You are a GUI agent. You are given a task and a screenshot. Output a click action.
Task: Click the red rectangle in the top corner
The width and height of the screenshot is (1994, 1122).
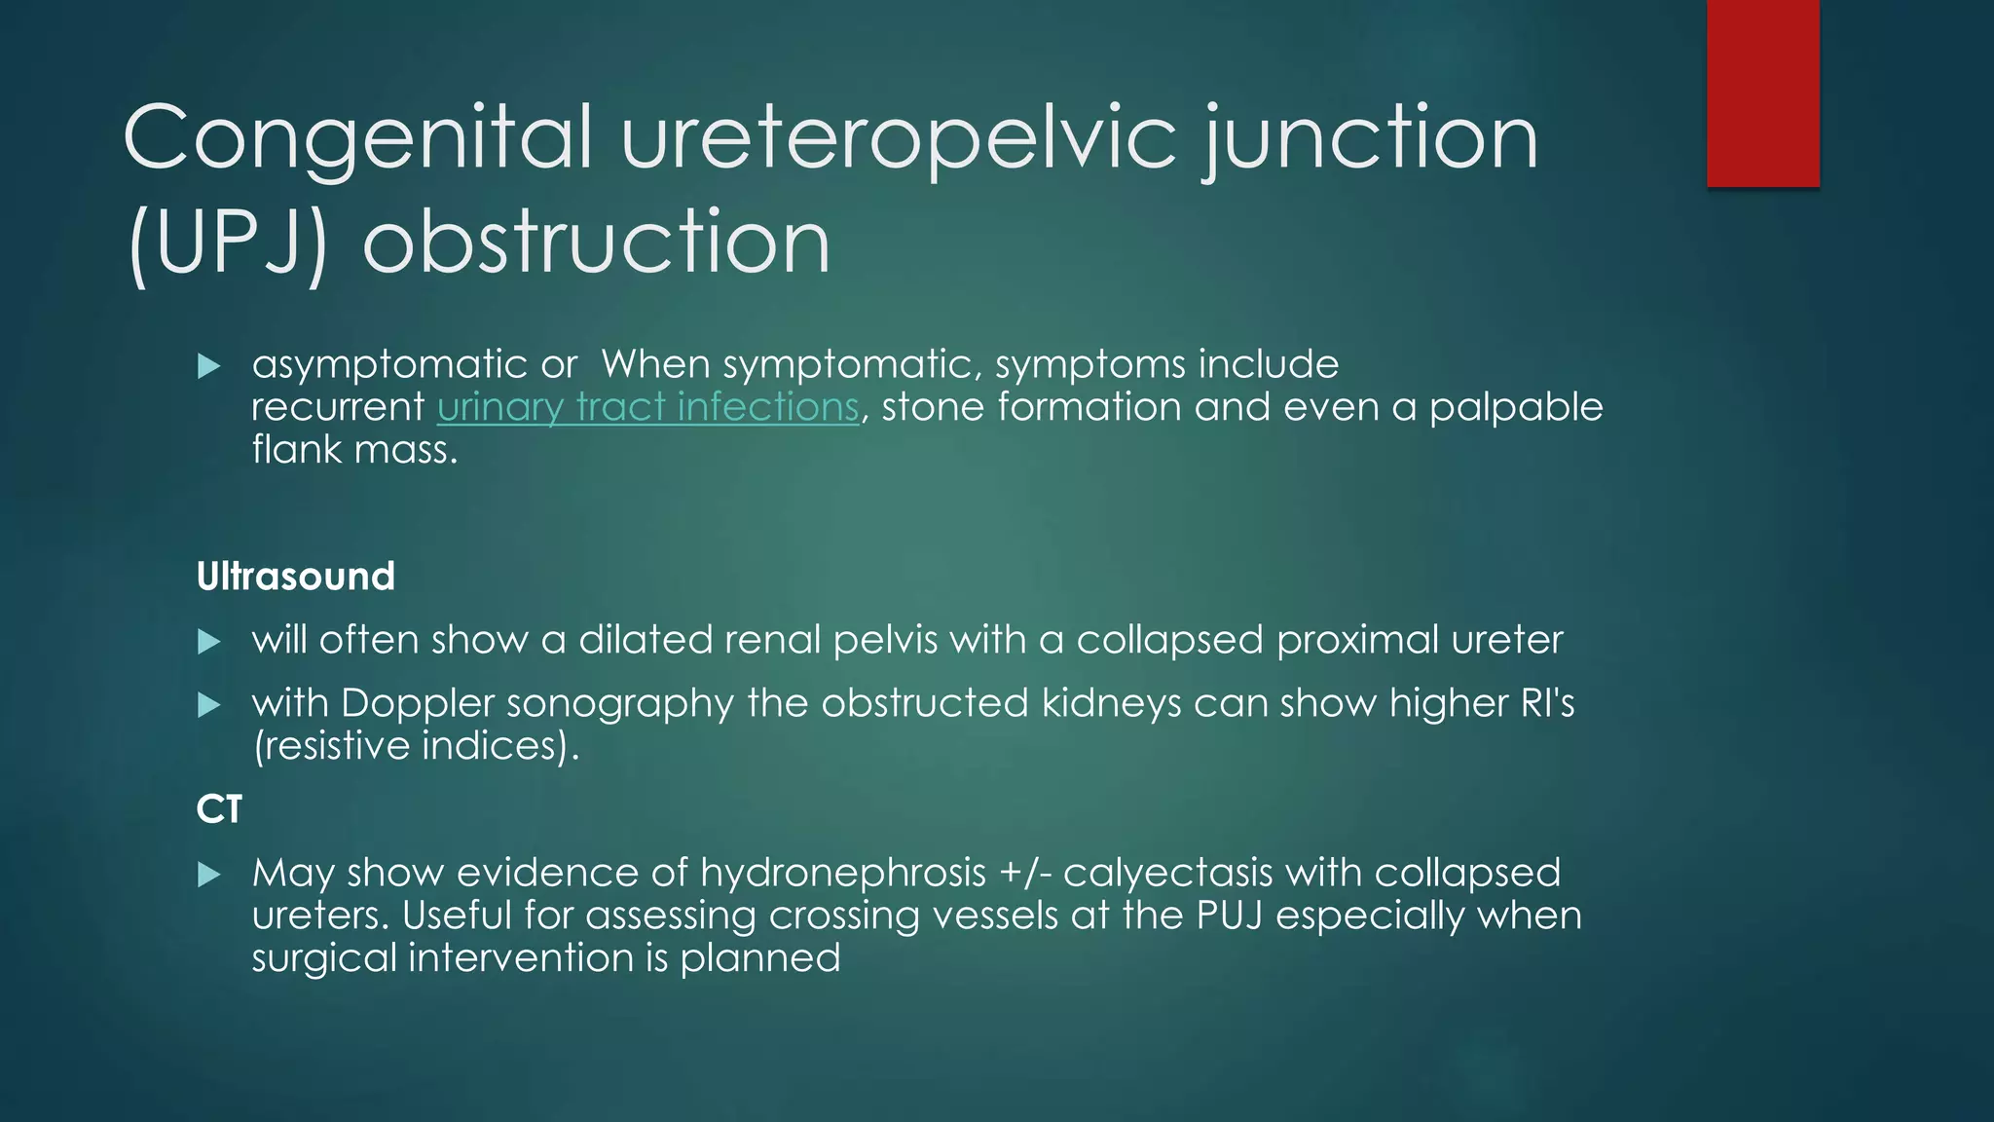pyautogui.click(x=1762, y=93)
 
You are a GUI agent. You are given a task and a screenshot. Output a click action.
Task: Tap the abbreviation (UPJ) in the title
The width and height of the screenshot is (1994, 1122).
pyautogui.click(x=227, y=243)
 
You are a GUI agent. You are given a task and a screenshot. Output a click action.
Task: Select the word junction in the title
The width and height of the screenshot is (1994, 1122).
pyautogui.click(x=1371, y=139)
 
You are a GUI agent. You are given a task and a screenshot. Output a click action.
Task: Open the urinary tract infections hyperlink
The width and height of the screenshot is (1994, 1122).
pyautogui.click(x=648, y=407)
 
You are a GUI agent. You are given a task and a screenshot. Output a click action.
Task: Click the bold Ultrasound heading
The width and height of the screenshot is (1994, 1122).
pyautogui.click(x=296, y=577)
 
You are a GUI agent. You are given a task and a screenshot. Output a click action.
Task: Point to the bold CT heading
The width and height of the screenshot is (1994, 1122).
pyautogui.click(x=219, y=809)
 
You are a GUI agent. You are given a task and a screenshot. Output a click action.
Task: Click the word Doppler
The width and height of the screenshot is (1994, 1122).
pyautogui.click(x=418, y=703)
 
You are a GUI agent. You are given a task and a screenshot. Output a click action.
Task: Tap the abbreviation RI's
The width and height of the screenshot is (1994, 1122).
pyautogui.click(x=1547, y=703)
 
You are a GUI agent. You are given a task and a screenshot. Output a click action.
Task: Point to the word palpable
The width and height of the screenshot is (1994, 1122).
pyautogui.click(x=1516, y=407)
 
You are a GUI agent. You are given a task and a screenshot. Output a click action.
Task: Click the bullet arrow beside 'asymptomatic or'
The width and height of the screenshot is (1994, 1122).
pyautogui.click(x=209, y=366)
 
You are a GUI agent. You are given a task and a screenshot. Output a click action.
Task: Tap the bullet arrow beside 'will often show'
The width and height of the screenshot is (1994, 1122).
pyautogui.click(x=209, y=641)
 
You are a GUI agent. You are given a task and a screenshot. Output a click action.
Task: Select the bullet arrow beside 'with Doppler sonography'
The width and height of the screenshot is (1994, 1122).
pyautogui.click(x=209, y=704)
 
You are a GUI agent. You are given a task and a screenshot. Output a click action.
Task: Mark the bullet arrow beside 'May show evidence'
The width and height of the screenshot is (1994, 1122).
pyautogui.click(x=209, y=874)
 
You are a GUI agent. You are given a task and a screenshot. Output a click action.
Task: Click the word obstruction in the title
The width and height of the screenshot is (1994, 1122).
pyautogui.click(x=596, y=243)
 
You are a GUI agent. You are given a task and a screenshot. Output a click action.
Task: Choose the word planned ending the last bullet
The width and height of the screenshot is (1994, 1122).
pyautogui.click(x=760, y=958)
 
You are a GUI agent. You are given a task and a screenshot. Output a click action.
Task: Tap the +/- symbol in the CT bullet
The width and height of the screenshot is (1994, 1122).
pyautogui.click(x=1025, y=873)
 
